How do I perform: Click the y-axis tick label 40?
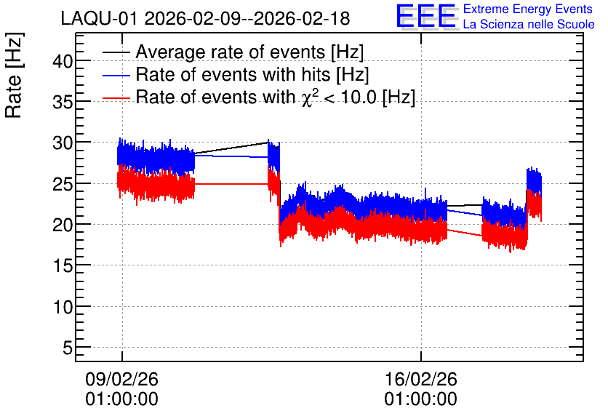pos(63,61)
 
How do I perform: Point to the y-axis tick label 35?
pos(63,102)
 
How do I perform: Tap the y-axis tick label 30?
pos(63,143)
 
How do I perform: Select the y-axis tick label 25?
pos(63,184)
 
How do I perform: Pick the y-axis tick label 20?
pos(63,225)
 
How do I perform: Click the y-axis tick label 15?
pos(63,266)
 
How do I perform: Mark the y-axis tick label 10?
pos(63,307)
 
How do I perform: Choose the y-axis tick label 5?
pos(68,348)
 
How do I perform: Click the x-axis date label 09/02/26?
pos(121,379)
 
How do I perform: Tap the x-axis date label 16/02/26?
pos(420,379)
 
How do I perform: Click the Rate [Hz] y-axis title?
pos(14,75)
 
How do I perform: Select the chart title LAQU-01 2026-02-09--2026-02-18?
pos(206,18)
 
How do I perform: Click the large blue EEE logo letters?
pos(426,16)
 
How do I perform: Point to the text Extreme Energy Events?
pos(528,9)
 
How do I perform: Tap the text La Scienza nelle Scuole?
pos(529,24)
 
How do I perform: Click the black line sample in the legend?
pos(116,52)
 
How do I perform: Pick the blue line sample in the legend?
pos(116,75)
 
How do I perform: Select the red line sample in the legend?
pos(116,97)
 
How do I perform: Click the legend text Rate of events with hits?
pos(233,74)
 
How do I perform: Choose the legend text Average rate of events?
pos(231,52)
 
